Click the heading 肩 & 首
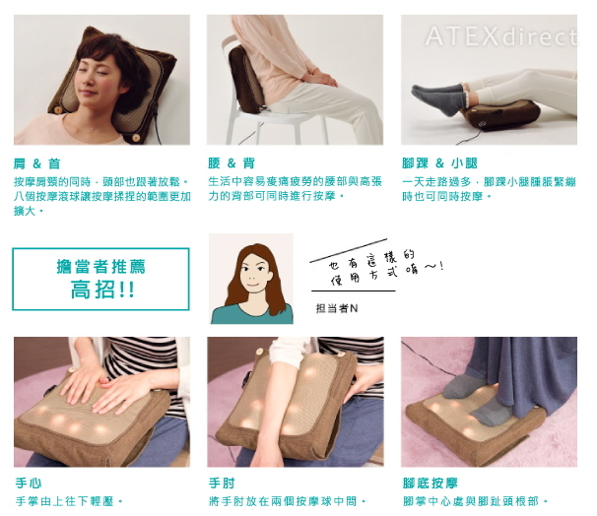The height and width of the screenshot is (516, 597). tap(36, 163)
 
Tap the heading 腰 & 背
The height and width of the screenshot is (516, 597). tap(232, 163)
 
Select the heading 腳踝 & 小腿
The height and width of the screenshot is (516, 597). tap(439, 163)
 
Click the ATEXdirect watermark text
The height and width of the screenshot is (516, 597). tap(500, 36)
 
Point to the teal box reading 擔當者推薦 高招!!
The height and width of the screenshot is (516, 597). tap(100, 279)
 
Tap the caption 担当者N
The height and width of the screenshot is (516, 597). tap(337, 308)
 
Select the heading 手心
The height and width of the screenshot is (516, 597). tap(29, 484)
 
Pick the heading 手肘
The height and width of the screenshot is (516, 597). tap(222, 484)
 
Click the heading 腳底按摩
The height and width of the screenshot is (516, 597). tap(431, 484)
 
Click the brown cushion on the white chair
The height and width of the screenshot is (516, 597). tap(246, 79)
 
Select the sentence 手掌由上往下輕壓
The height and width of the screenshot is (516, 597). tap(69, 501)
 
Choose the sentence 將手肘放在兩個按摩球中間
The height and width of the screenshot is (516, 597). tap(287, 501)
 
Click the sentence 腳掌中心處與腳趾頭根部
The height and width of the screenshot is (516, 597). tap(475, 501)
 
